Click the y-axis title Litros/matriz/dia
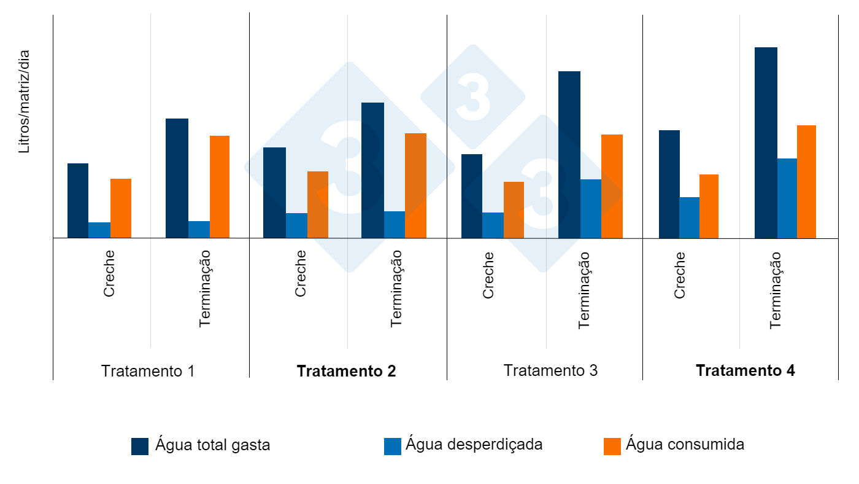(24, 101)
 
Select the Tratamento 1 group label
(148, 371)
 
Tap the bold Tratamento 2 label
(346, 371)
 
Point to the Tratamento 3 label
(550, 370)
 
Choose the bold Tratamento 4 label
(745, 370)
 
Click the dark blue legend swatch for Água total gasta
(140, 446)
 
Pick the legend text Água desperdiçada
(474, 444)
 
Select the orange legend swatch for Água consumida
(612, 446)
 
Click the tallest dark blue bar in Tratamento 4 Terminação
(766, 142)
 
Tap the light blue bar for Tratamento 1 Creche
(99, 230)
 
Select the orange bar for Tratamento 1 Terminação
(220, 187)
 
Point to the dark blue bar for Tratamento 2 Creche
(274, 192)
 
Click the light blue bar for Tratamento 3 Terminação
(591, 208)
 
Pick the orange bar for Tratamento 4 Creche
(709, 206)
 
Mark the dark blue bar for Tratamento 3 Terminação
(569, 154)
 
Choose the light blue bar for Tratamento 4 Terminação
(787, 198)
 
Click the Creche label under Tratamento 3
(488, 275)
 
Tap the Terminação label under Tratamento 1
(205, 288)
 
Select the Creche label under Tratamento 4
(680, 275)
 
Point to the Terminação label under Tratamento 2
(396, 288)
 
